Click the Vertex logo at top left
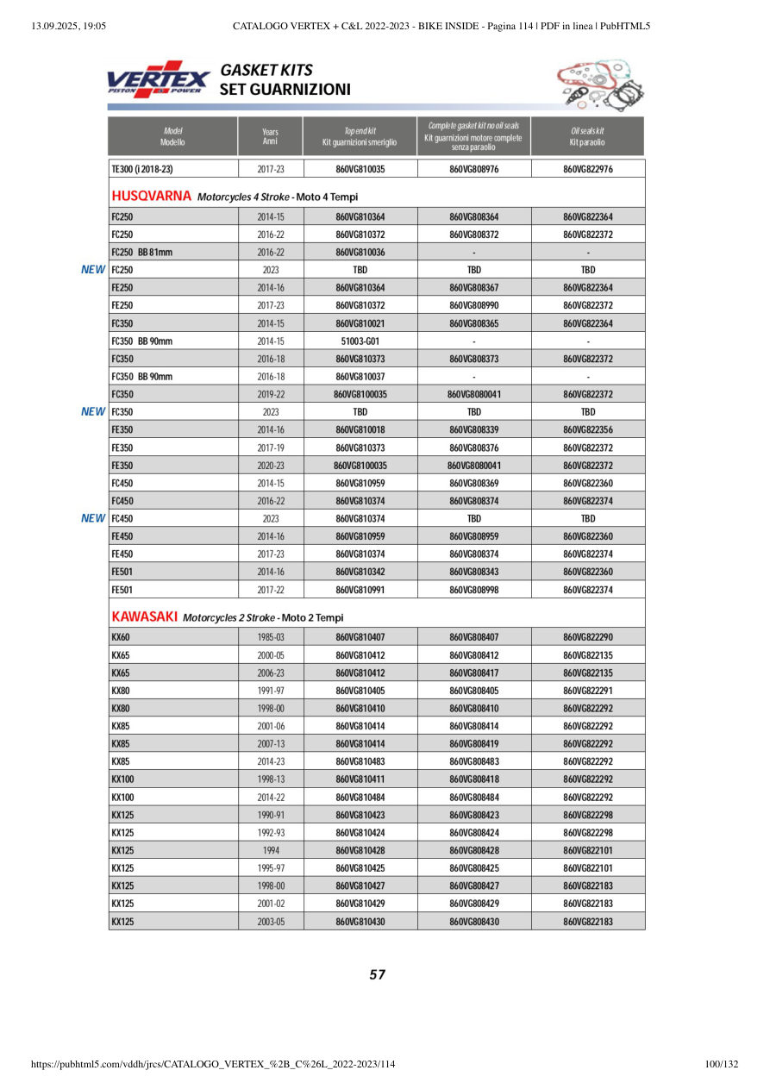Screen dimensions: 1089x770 coord(158,79)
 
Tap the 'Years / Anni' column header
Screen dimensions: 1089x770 coord(270,136)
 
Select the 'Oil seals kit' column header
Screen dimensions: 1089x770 coord(587,136)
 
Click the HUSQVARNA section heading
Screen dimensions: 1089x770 coord(152,197)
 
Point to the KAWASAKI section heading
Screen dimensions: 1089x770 coord(145,617)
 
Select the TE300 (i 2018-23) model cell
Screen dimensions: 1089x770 coord(142,169)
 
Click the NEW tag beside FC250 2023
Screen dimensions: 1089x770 coord(93,270)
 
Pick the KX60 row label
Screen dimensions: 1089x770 coord(121,637)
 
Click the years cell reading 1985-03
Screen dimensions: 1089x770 coord(270,637)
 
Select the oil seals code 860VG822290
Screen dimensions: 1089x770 coord(587,637)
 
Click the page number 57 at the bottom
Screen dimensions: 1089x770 coord(377,975)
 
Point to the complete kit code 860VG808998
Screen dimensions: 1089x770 coord(473,590)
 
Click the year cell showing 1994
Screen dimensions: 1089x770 coord(270,850)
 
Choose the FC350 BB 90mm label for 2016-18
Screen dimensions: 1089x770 coord(142,377)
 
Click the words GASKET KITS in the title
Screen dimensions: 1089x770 coord(266,70)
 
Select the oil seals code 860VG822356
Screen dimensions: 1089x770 coord(587,429)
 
